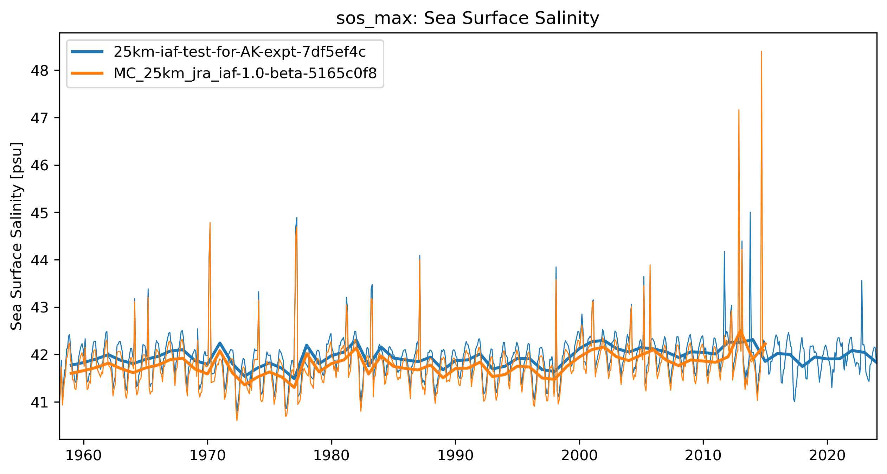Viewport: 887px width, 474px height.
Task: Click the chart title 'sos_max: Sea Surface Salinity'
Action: [467, 18]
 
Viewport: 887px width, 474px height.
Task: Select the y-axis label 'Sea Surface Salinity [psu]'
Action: [17, 236]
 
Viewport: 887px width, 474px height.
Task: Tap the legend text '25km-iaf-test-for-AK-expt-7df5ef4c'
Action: [239, 52]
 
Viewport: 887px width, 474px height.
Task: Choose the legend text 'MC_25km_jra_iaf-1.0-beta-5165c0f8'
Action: [245, 73]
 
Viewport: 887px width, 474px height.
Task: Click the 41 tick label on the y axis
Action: [39, 402]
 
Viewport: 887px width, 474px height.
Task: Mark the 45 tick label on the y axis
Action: [39, 213]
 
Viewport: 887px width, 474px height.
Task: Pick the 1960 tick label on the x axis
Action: [84, 456]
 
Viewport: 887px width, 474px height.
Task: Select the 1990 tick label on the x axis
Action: [455, 456]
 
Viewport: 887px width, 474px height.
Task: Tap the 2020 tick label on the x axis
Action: [827, 456]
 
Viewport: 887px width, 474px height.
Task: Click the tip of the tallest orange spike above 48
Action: [761, 51]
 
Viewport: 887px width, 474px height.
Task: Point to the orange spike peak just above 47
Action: [739, 110]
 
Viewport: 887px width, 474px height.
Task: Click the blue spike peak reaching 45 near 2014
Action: [750, 212]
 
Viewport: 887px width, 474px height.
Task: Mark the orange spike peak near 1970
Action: [210, 223]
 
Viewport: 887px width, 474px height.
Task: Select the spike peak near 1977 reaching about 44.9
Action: [297, 218]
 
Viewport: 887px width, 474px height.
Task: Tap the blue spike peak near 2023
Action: [861, 281]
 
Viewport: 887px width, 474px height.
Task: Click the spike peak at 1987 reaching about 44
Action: [420, 256]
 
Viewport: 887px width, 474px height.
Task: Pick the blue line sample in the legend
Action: [87, 52]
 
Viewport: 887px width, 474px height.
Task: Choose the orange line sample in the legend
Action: [87, 73]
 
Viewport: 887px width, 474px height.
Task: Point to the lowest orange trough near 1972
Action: [237, 420]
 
